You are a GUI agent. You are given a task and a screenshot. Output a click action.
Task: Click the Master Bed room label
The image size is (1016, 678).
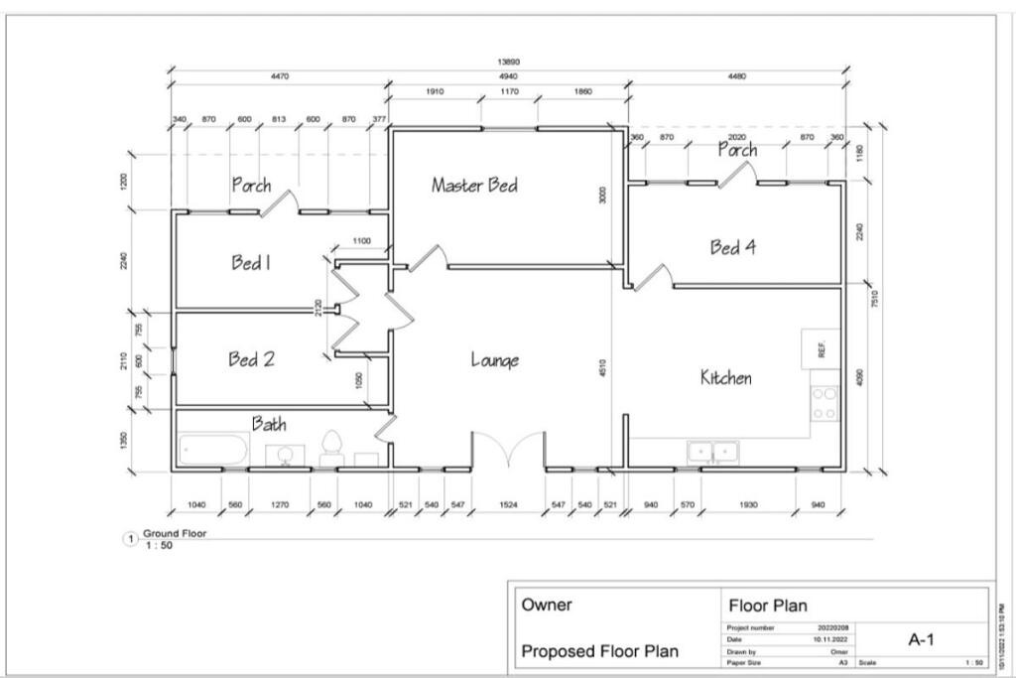474,186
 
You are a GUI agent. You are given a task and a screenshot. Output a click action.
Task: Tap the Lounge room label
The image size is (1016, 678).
494,359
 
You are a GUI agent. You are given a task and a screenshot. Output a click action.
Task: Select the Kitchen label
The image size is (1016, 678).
725,377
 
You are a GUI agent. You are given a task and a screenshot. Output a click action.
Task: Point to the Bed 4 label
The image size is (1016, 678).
732,247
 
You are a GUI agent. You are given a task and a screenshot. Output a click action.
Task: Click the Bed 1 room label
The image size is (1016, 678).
251,263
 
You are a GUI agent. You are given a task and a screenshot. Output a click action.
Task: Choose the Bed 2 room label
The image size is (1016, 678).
251,359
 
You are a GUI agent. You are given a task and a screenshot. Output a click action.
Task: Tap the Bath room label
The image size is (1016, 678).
269,424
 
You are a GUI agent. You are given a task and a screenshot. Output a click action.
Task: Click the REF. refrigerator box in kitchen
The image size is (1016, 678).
821,349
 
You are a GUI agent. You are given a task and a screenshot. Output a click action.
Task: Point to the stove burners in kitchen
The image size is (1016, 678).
825,403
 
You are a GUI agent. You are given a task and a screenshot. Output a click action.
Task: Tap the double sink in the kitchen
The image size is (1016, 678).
712,452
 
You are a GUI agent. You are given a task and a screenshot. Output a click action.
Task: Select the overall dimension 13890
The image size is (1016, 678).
507,62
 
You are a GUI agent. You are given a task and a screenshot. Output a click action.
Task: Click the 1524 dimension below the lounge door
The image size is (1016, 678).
508,505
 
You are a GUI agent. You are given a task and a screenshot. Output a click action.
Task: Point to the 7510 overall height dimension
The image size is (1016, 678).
874,299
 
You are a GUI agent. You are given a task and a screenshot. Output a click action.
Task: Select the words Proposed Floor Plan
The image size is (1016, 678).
600,651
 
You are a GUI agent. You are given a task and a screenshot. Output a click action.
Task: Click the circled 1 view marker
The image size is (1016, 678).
128,538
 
